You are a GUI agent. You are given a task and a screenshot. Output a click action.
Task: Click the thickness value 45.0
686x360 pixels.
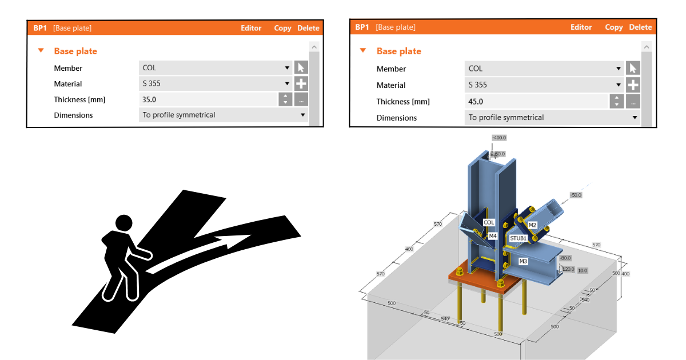pyautogui.click(x=476, y=102)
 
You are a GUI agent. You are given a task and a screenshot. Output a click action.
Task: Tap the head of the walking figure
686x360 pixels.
pyautogui.click(x=123, y=223)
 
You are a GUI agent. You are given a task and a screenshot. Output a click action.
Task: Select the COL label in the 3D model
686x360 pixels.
pyautogui.click(x=489, y=223)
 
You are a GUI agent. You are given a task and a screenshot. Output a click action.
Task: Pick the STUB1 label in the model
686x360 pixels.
pyautogui.click(x=518, y=238)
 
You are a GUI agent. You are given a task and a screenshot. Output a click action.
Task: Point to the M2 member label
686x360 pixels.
pyautogui.click(x=532, y=225)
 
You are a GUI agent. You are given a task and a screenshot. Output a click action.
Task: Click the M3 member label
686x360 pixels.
pyautogui.click(x=523, y=261)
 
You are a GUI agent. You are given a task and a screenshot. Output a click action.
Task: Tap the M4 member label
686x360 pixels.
pyautogui.click(x=493, y=235)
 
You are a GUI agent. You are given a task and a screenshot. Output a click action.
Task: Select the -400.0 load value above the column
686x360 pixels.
pyautogui.click(x=499, y=138)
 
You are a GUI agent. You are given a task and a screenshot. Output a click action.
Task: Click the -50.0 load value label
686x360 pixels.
pyautogui.click(x=575, y=195)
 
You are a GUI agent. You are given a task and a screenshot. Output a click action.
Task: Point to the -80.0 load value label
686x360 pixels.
pyautogui.click(x=565, y=258)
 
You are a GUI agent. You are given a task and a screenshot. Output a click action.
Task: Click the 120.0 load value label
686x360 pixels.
pyautogui.click(x=568, y=269)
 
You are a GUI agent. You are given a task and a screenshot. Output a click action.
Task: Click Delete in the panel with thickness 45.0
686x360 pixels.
pyautogui.click(x=640, y=27)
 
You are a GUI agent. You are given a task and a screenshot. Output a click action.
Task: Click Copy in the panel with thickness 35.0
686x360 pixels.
pyautogui.click(x=282, y=28)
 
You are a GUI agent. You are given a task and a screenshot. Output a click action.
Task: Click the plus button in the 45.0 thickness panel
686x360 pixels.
pyautogui.click(x=633, y=85)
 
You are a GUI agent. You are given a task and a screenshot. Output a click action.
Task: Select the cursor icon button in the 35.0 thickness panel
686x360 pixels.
pyautogui.click(x=301, y=68)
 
